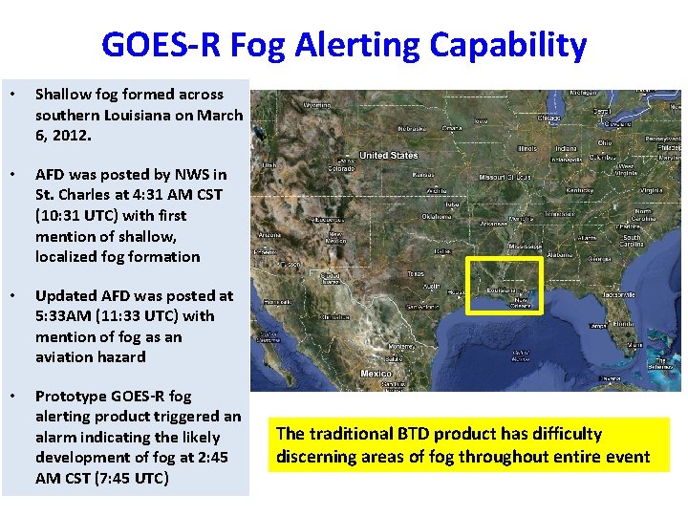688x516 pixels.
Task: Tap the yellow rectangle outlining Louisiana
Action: (504, 260)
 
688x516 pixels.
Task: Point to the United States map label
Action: (388, 155)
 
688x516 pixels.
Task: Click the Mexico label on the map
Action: (376, 373)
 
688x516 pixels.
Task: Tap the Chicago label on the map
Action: (548, 118)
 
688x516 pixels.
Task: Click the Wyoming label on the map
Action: (318, 104)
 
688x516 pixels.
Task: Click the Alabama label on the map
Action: (560, 255)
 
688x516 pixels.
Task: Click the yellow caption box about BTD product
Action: (468, 445)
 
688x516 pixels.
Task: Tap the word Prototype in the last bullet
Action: (70, 396)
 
